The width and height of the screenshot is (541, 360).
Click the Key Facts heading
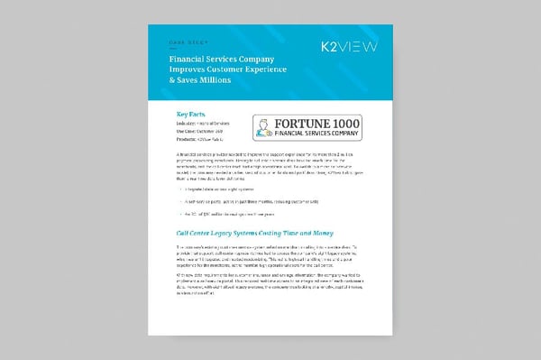click(190, 115)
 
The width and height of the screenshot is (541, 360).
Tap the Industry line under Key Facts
click(204, 125)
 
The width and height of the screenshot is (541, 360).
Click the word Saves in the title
click(180, 80)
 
